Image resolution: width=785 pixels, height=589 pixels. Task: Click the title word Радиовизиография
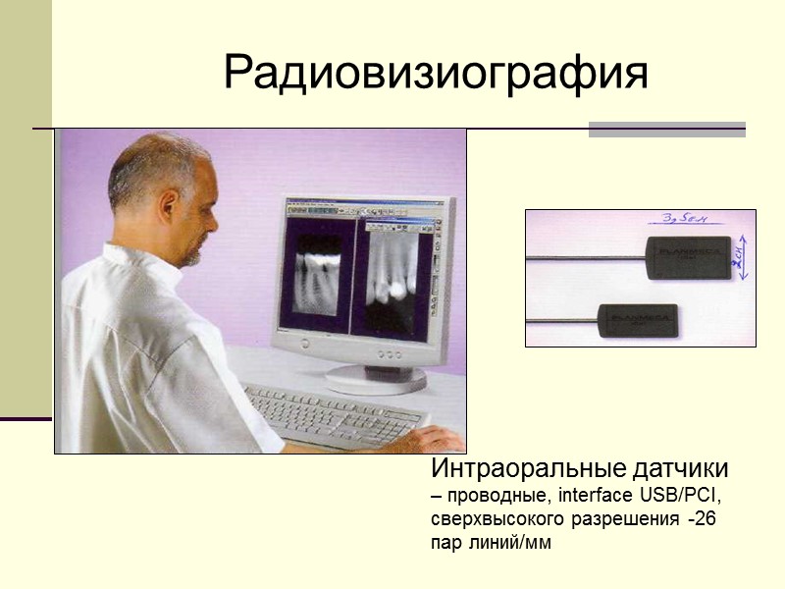436,73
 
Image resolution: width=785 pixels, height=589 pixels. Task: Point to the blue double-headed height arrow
744,257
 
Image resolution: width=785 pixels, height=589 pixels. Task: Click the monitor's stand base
378,376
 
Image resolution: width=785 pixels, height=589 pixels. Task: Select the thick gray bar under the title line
666,130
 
